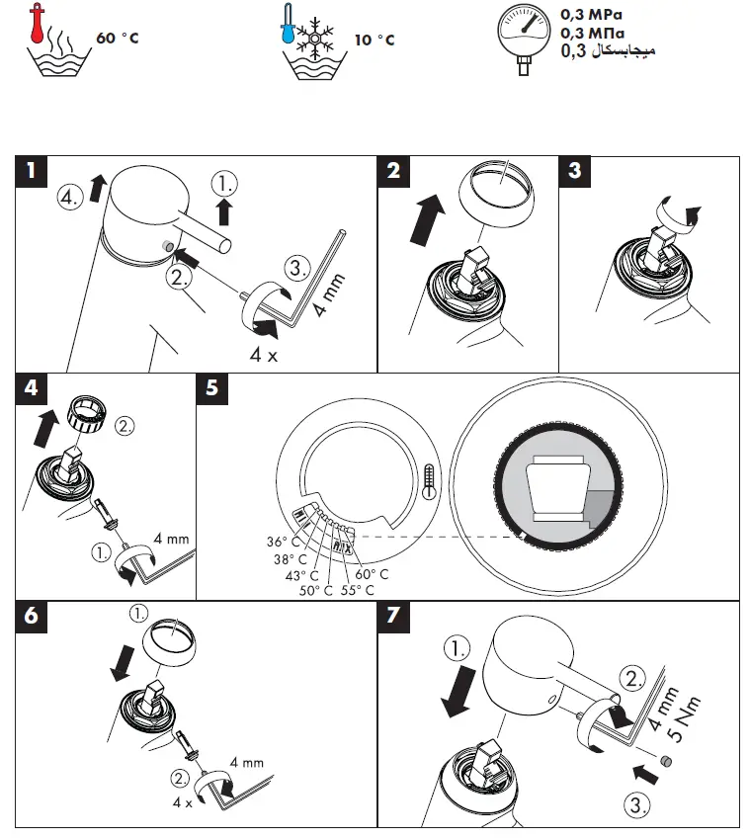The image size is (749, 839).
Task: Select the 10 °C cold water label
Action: point(374,41)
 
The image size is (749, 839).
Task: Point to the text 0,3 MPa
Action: point(593,16)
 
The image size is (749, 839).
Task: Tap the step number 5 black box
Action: point(212,388)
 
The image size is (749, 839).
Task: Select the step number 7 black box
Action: point(394,616)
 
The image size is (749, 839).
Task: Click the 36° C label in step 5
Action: point(282,541)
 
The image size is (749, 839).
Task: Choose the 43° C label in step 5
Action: point(301,574)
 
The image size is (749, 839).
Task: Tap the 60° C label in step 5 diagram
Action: point(372,573)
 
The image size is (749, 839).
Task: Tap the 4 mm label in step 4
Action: point(171,540)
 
